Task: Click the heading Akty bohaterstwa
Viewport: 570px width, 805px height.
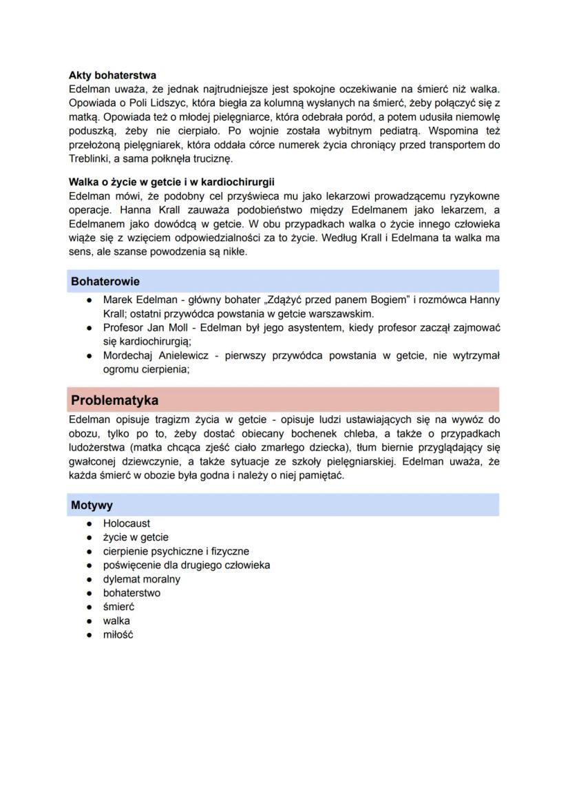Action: coord(112,75)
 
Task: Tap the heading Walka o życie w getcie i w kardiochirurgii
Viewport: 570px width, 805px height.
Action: coord(171,182)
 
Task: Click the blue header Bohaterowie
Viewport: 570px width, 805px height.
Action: coord(105,282)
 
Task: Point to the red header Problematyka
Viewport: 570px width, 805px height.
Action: coord(115,400)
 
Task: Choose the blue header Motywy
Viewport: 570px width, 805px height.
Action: coord(92,505)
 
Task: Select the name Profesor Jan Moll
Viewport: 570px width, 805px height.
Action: coord(142,328)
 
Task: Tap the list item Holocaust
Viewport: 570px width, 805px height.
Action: coord(127,523)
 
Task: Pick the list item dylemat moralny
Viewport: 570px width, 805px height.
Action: coord(142,579)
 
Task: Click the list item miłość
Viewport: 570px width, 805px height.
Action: coord(118,635)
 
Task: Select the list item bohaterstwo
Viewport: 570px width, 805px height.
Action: coord(132,593)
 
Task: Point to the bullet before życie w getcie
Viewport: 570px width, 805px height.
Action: coord(89,537)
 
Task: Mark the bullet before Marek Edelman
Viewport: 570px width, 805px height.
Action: coord(89,300)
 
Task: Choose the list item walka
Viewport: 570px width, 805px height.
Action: coord(116,620)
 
